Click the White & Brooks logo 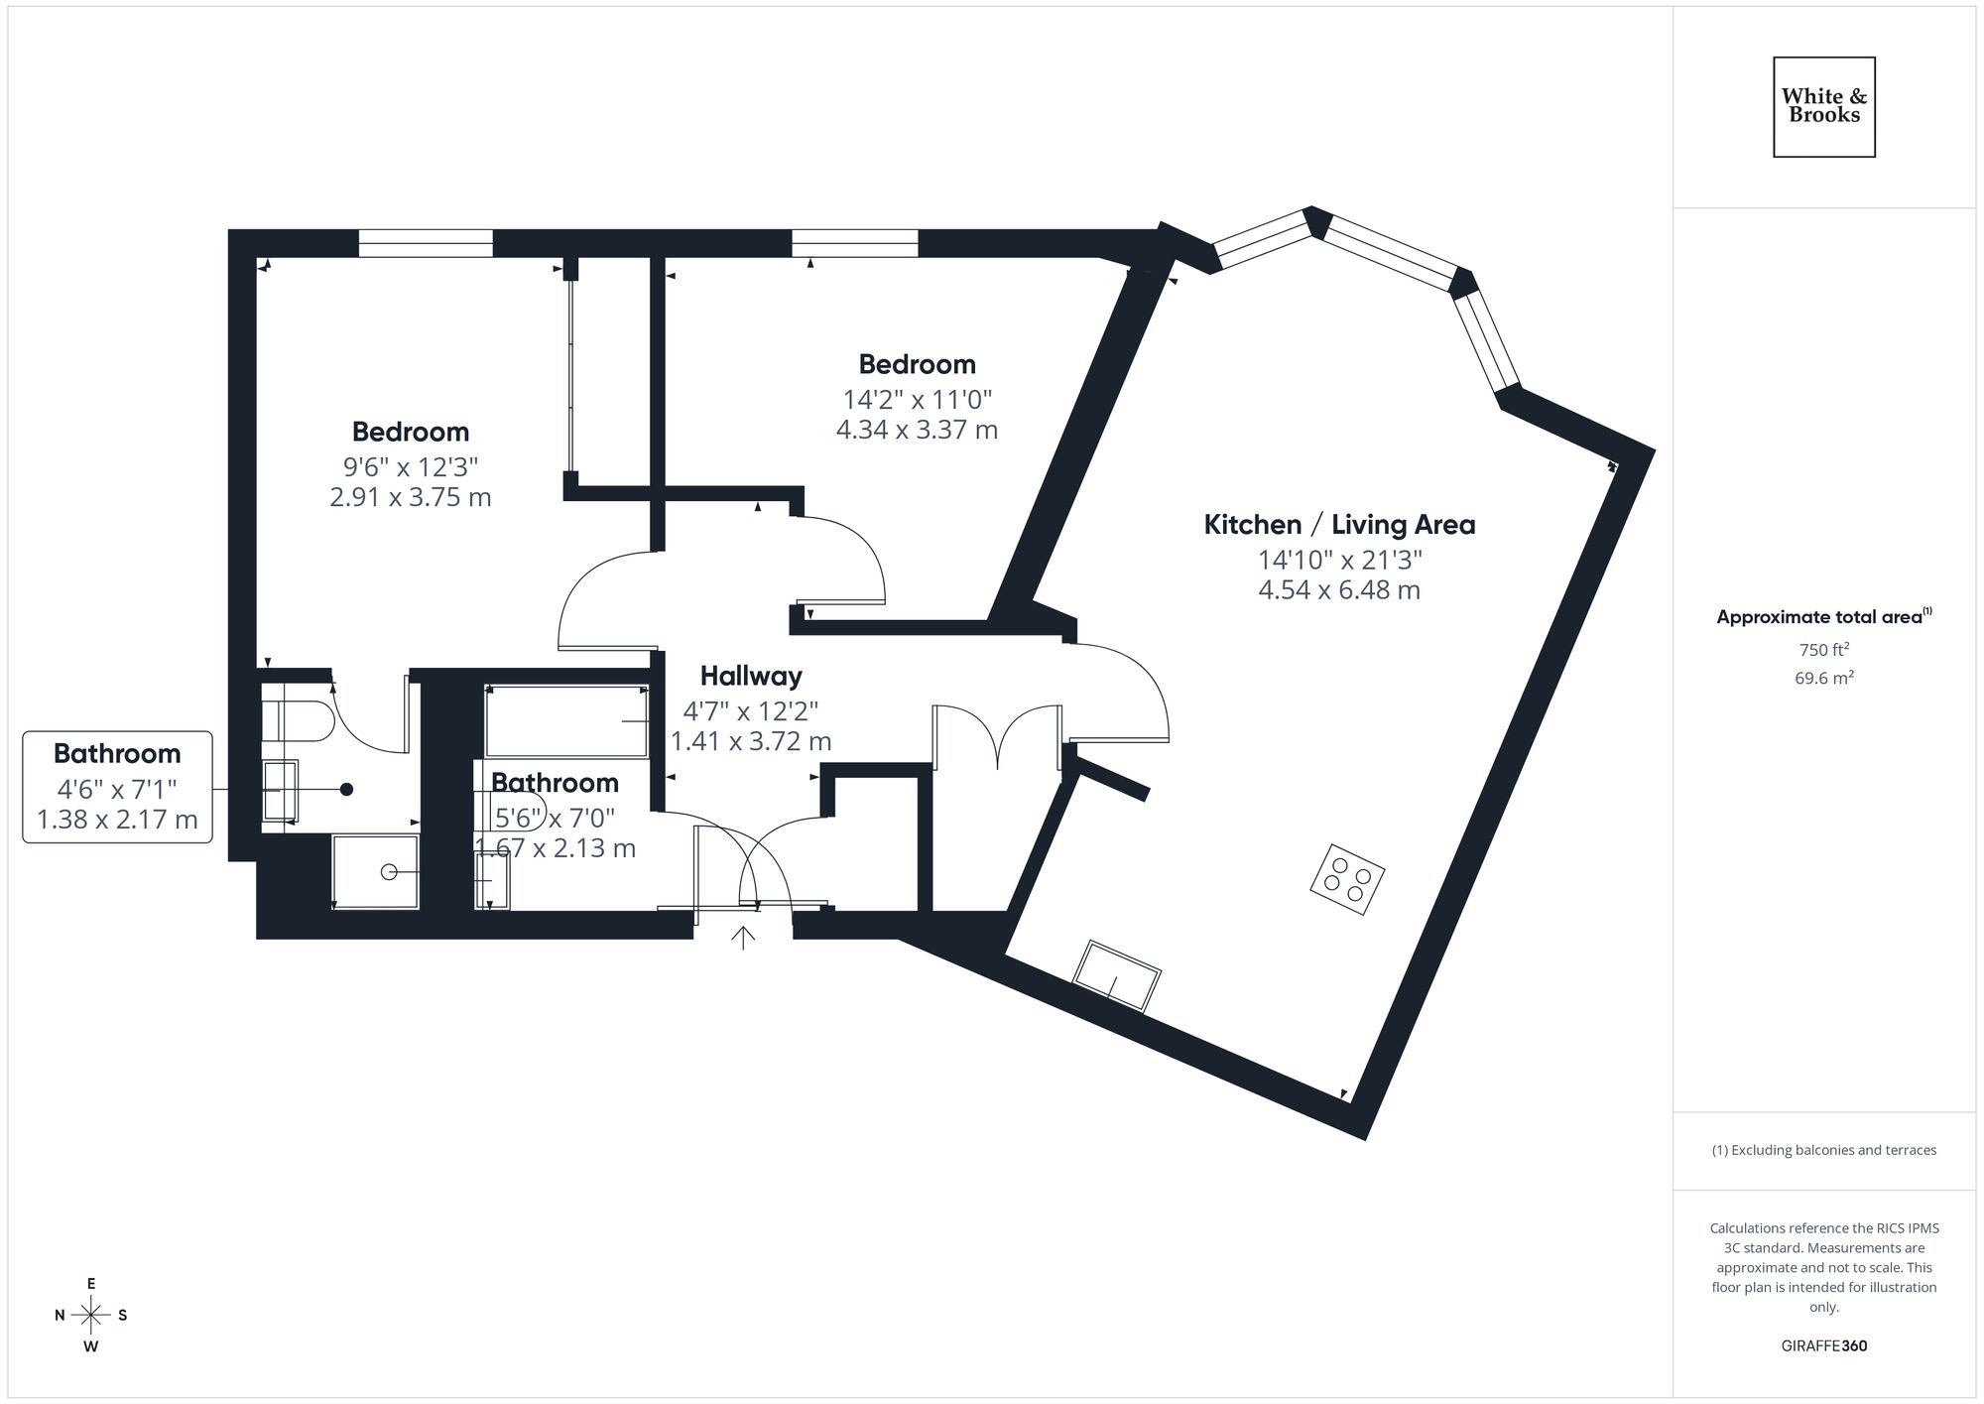pyautogui.click(x=1823, y=106)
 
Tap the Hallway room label pyautogui.click(x=751, y=677)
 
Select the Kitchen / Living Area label pyautogui.click(x=1339, y=525)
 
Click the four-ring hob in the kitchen pyautogui.click(x=1347, y=878)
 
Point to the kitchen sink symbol pyautogui.click(x=1117, y=976)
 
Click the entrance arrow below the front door pyautogui.click(x=743, y=937)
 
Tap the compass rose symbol pyautogui.click(x=91, y=1316)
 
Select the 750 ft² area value pyautogui.click(x=1823, y=650)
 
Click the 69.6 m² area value pyautogui.click(x=1823, y=679)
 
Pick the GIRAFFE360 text pyautogui.click(x=1823, y=1346)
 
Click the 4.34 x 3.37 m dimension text pyautogui.click(x=917, y=430)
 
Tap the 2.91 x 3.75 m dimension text pyautogui.click(x=410, y=497)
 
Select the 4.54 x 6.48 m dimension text pyautogui.click(x=1339, y=590)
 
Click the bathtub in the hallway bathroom pyautogui.click(x=565, y=721)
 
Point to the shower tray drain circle pyautogui.click(x=389, y=872)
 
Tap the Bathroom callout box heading pyautogui.click(x=117, y=754)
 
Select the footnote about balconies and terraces pyautogui.click(x=1823, y=1151)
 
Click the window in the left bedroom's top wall pyautogui.click(x=426, y=243)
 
